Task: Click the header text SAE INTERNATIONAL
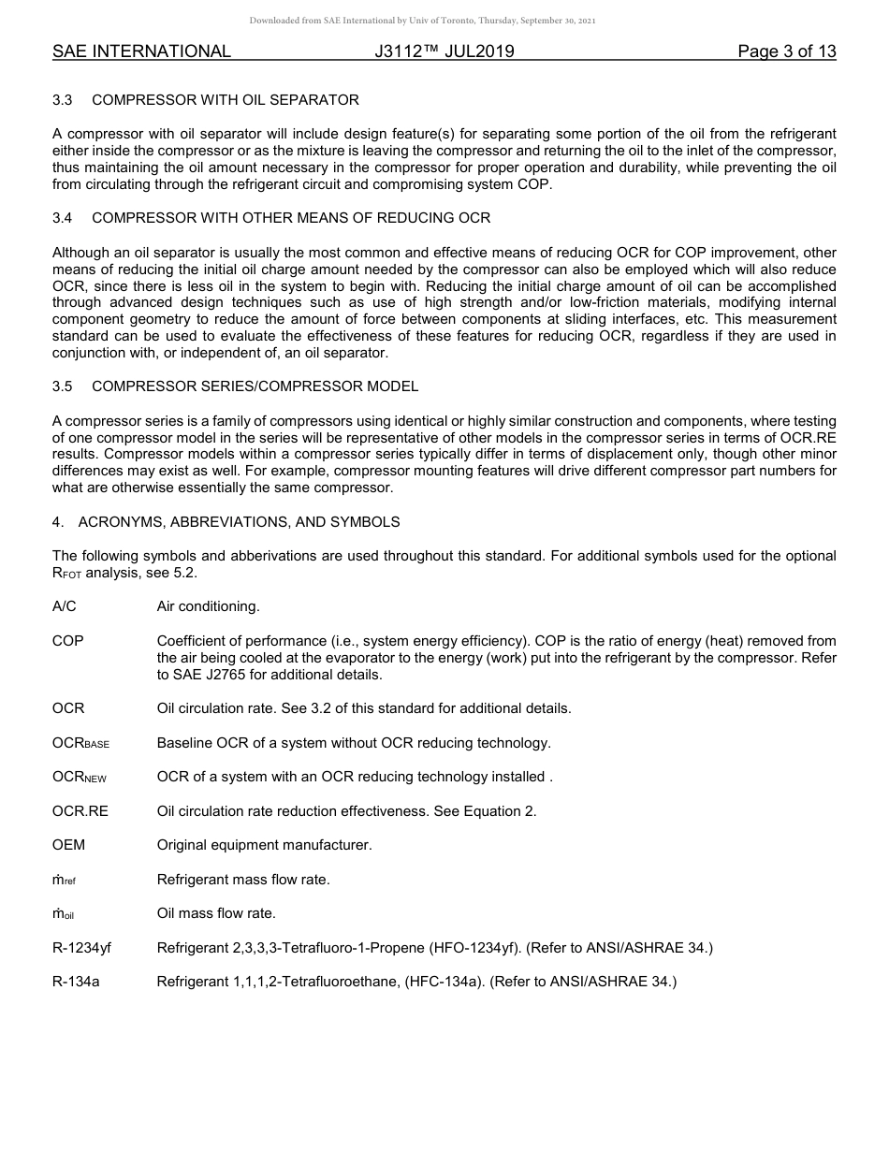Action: [141, 51]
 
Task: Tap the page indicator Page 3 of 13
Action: [786, 51]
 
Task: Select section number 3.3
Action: [63, 99]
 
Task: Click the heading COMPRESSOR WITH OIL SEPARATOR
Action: [225, 99]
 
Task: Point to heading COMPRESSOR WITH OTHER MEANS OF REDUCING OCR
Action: [291, 218]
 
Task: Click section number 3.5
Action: [63, 386]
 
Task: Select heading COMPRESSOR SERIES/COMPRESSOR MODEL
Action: [255, 386]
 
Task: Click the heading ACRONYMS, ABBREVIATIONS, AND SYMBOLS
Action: [239, 521]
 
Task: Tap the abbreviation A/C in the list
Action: [65, 606]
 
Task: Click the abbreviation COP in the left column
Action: [67, 641]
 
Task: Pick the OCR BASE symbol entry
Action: [80, 743]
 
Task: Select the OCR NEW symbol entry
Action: [79, 778]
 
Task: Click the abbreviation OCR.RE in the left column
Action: [80, 811]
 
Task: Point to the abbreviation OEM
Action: [68, 845]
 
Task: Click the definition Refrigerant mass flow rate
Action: [243, 880]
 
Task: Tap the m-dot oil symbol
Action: [63, 914]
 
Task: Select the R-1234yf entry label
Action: [81, 948]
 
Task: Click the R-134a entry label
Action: [75, 982]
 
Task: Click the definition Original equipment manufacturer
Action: [264, 845]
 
